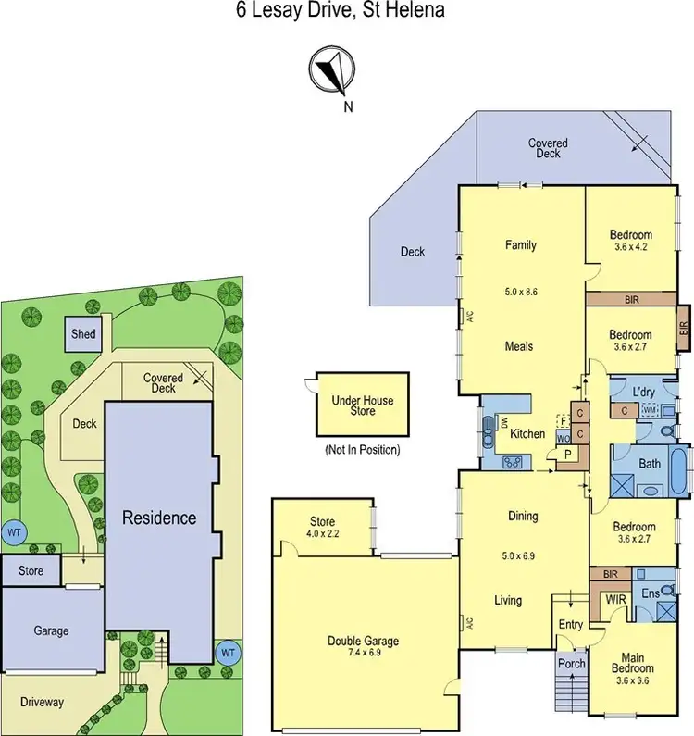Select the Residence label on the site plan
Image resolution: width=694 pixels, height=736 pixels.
click(x=159, y=518)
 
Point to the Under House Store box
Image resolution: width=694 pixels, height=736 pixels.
click(x=363, y=405)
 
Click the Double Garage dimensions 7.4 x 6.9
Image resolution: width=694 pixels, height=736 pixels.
click(x=368, y=654)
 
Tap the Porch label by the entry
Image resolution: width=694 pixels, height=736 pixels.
click(x=569, y=665)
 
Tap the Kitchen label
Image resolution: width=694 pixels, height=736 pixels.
click(x=527, y=433)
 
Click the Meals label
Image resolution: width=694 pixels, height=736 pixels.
click(x=519, y=347)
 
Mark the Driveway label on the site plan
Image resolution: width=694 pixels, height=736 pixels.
click(x=43, y=702)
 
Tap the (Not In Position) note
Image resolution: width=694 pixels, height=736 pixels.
click(x=362, y=450)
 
